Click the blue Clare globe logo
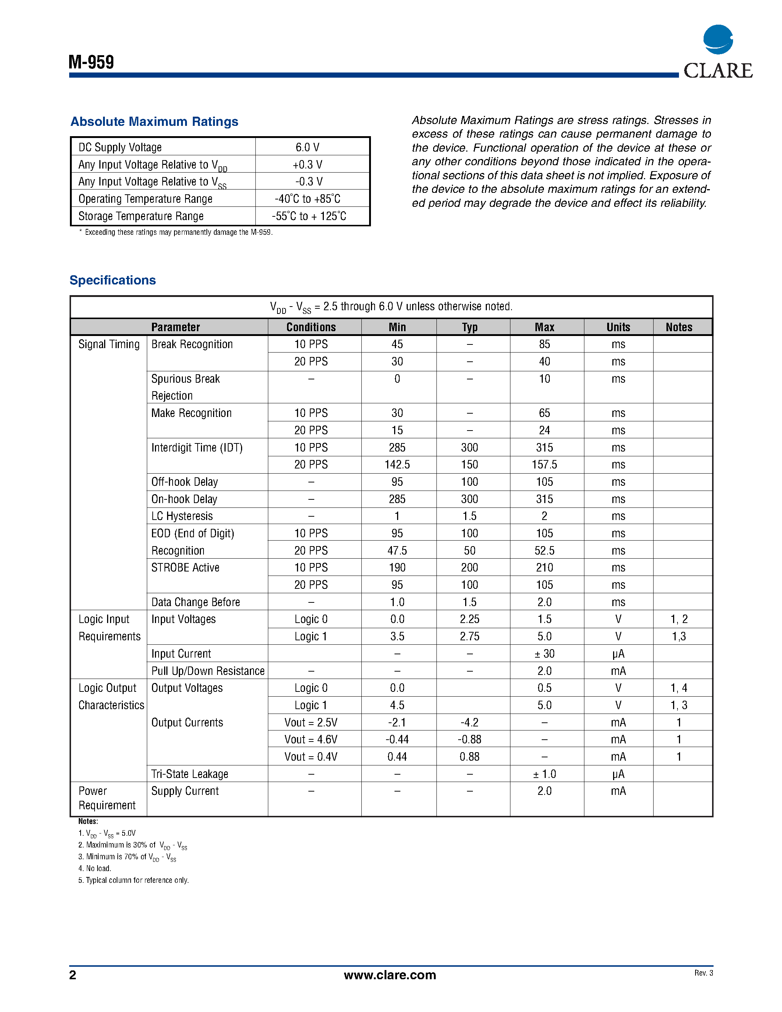point(718,39)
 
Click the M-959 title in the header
point(91,62)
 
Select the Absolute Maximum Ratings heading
point(154,121)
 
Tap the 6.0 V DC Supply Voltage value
point(308,147)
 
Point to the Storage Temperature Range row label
point(141,216)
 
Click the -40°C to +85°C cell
point(308,199)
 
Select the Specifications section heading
point(113,280)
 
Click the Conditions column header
point(311,327)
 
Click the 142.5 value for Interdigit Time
point(397,465)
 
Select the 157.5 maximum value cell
point(544,465)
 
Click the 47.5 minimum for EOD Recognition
point(397,551)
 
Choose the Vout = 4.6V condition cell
point(311,740)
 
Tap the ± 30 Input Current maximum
point(544,654)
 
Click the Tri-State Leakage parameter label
point(190,774)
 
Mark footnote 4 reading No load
point(95,868)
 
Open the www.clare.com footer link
point(390,975)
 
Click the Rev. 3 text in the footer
point(703,973)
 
